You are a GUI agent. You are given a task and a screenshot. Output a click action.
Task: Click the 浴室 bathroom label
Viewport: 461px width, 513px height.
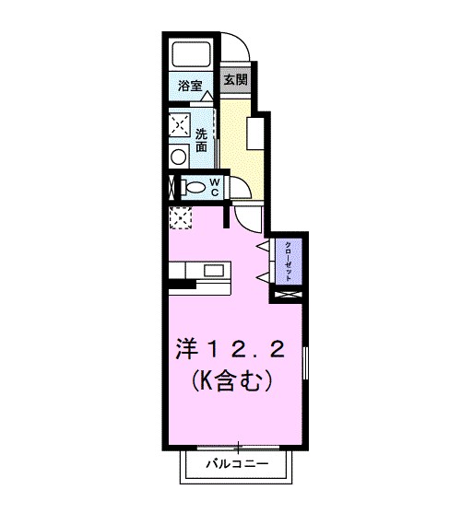190,86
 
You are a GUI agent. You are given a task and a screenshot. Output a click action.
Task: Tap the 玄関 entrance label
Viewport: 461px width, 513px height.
235,80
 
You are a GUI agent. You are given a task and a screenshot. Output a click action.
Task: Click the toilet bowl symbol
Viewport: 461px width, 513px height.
194,187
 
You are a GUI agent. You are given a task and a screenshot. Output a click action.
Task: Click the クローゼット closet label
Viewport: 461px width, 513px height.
289,260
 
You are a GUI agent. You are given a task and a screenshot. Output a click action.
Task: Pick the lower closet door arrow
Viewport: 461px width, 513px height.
265,276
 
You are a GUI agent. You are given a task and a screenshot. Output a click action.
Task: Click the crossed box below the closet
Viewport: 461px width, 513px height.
289,296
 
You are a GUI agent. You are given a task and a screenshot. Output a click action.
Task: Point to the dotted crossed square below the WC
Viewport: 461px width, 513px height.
180,217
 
